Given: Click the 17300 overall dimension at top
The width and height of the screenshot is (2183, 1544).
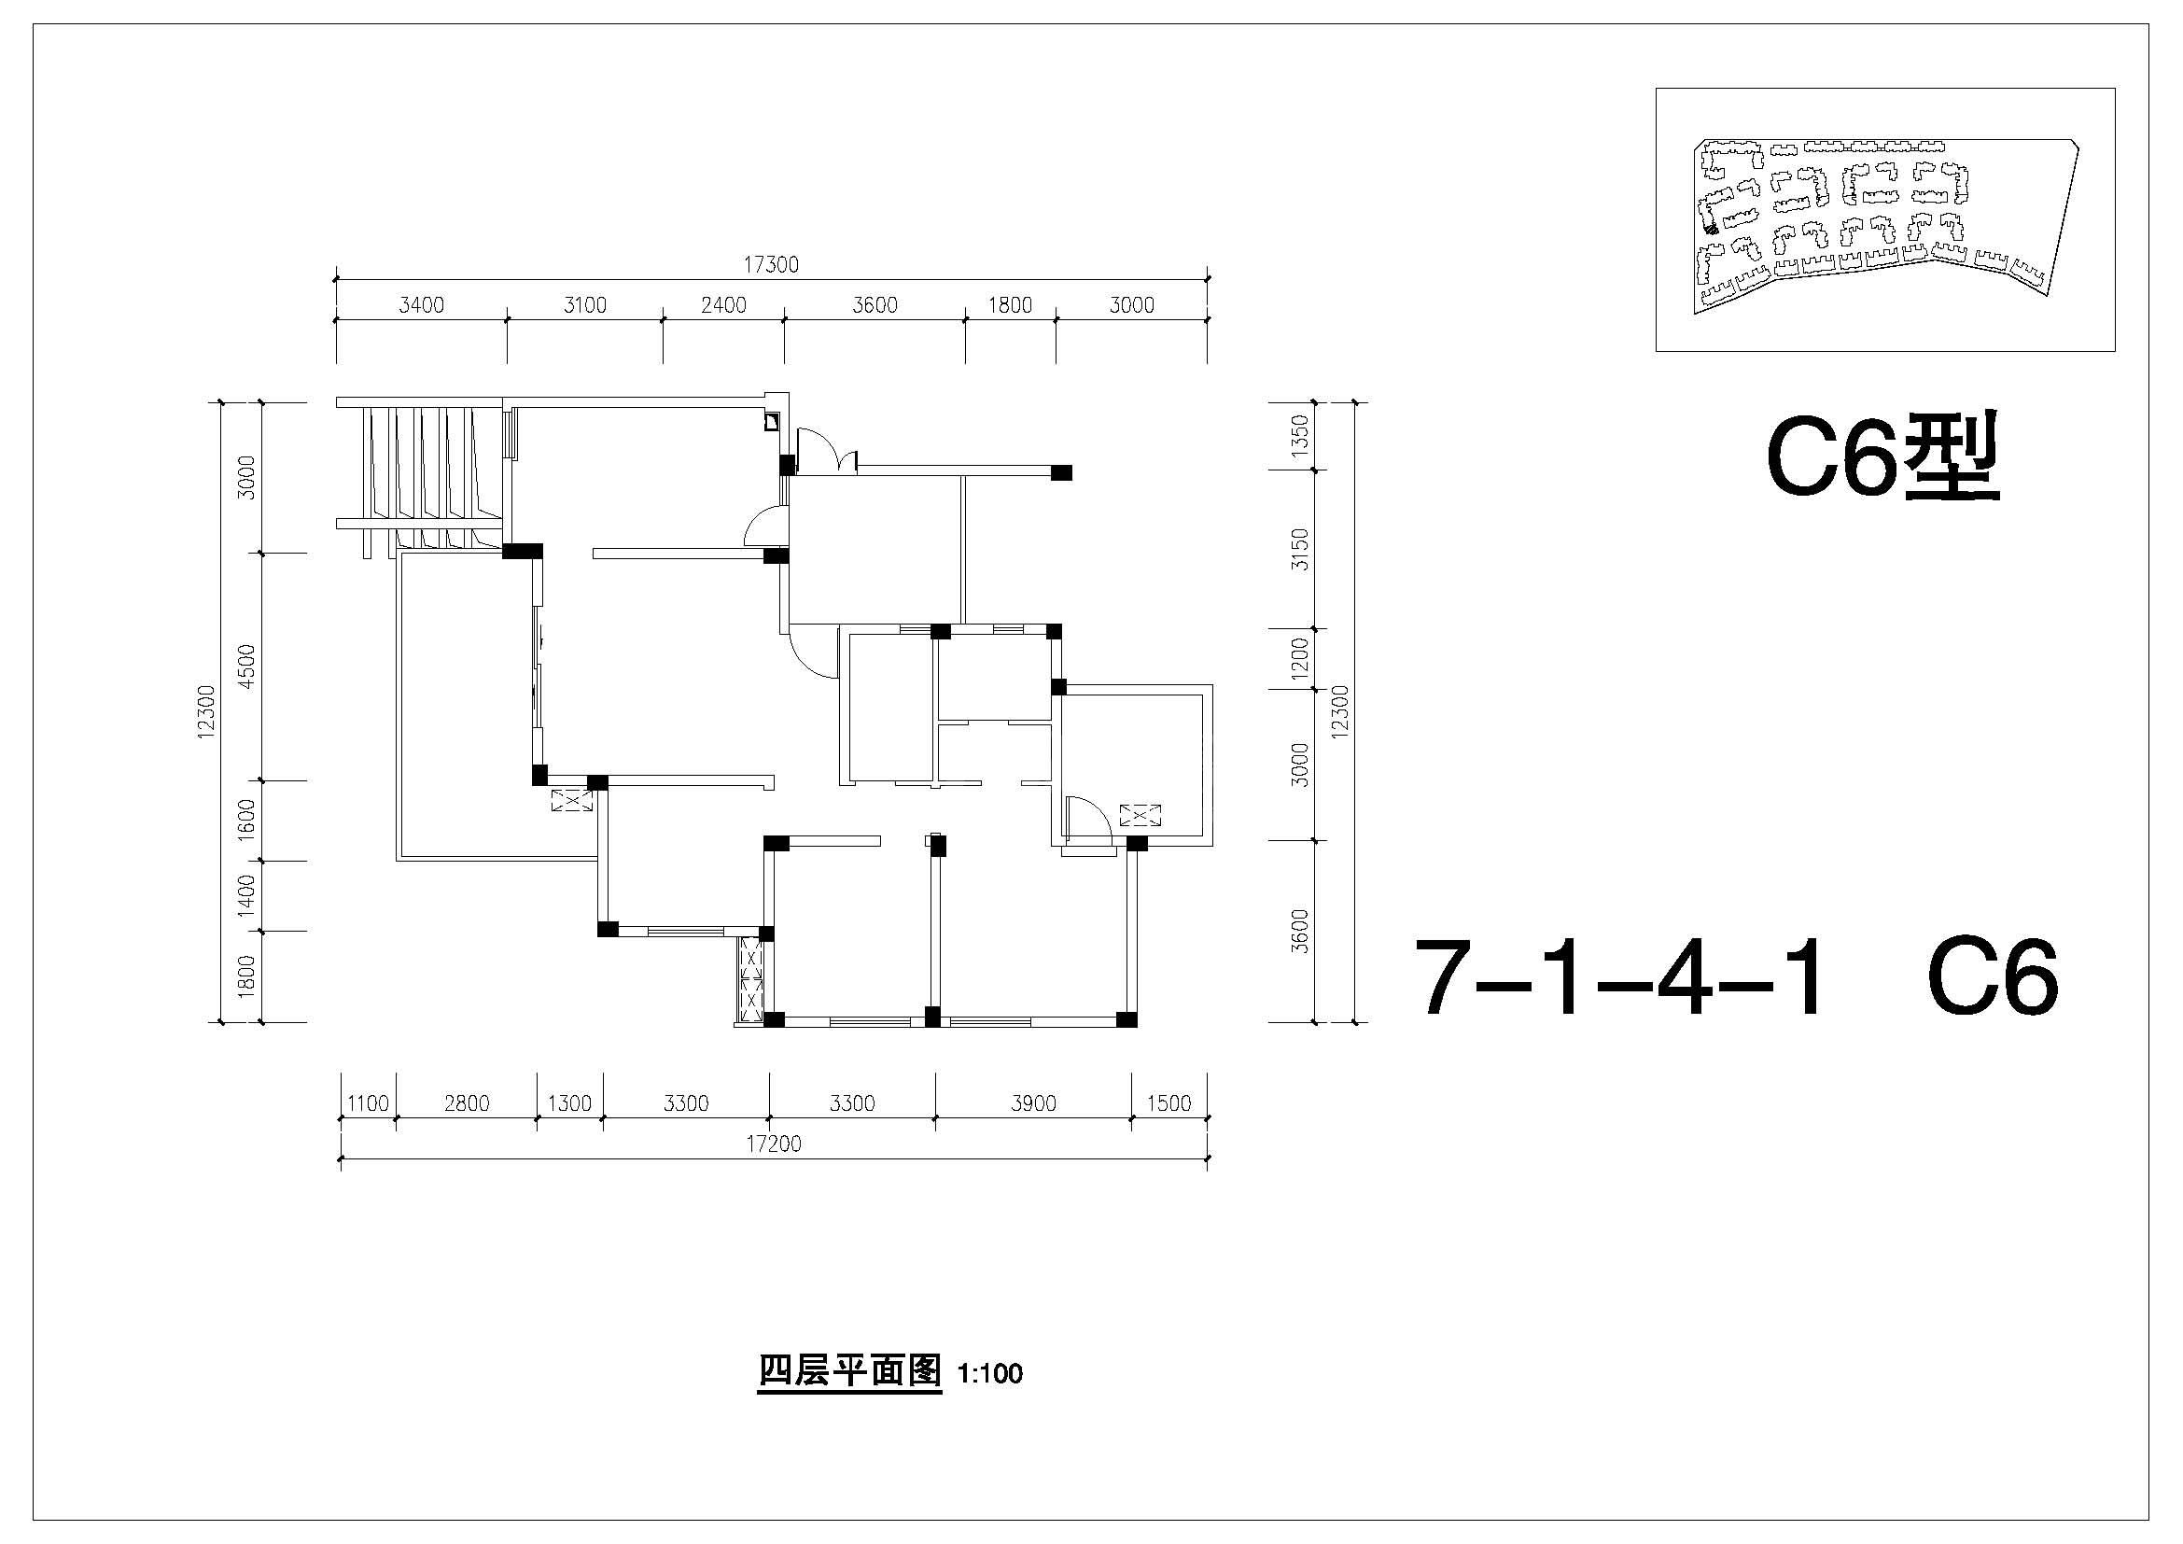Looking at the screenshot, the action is (x=770, y=265).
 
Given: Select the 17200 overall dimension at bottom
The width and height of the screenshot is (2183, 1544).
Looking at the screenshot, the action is (x=773, y=1144).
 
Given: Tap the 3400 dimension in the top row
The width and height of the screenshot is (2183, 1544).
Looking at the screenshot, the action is (x=421, y=305).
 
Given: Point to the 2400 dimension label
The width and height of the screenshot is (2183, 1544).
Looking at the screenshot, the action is (x=723, y=305).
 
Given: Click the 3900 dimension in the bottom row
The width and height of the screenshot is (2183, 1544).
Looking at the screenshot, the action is (x=1033, y=1103).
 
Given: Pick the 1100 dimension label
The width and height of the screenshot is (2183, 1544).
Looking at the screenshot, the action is (x=368, y=1103).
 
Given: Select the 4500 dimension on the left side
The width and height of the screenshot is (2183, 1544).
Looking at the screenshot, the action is (x=247, y=666).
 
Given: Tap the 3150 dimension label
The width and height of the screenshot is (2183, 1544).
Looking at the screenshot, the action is (x=1301, y=550).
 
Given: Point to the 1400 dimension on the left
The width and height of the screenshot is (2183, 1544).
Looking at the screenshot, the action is (x=247, y=894).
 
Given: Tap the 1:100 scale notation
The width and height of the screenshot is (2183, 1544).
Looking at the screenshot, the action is (x=989, y=1375).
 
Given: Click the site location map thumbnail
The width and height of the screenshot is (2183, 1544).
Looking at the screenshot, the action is (x=1885, y=219).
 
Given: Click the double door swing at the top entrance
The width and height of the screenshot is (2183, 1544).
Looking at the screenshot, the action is (x=827, y=450).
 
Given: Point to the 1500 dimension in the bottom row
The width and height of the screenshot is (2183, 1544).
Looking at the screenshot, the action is (x=1169, y=1103).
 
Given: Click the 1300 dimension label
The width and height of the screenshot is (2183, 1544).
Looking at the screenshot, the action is (x=569, y=1103).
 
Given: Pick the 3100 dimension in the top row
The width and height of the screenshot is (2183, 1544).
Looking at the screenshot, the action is (x=585, y=305).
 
